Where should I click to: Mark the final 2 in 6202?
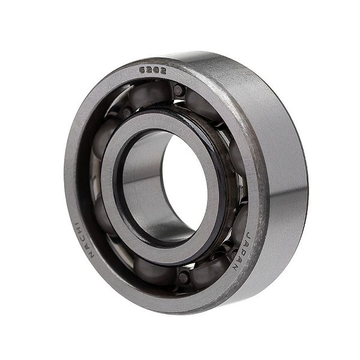coord(160,70)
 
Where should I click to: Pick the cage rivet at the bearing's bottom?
coord(183,277)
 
